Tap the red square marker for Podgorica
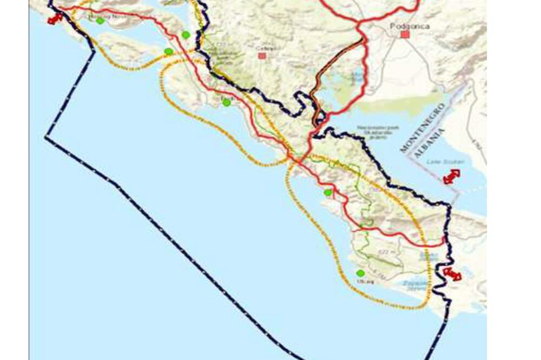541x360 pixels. (x=405, y=35)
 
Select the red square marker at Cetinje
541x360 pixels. (x=262, y=56)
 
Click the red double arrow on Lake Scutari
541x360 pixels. (x=451, y=177)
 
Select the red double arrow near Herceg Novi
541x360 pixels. (x=54, y=19)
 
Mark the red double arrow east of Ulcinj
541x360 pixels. (x=452, y=274)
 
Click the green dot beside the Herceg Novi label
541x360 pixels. (x=100, y=21)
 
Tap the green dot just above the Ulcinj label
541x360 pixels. (x=360, y=273)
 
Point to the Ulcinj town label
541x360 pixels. (x=362, y=282)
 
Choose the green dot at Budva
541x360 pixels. (x=227, y=102)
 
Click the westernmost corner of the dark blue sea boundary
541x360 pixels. (x=45, y=138)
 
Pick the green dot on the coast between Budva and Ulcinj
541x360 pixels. (x=327, y=192)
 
